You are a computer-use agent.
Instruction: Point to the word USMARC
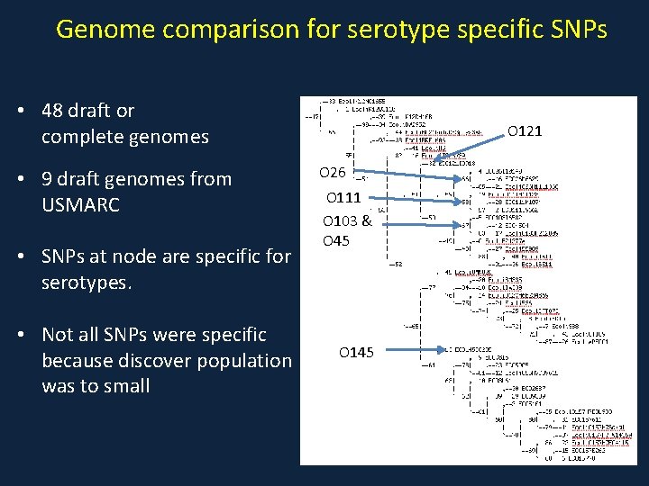click(80, 205)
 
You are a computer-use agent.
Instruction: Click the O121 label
click(525, 131)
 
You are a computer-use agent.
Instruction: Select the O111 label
click(343, 198)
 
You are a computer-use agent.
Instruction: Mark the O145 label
click(356, 352)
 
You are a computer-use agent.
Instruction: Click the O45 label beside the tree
click(338, 241)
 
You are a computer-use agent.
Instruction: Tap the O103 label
click(341, 220)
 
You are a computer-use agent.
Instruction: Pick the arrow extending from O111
click(419, 195)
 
